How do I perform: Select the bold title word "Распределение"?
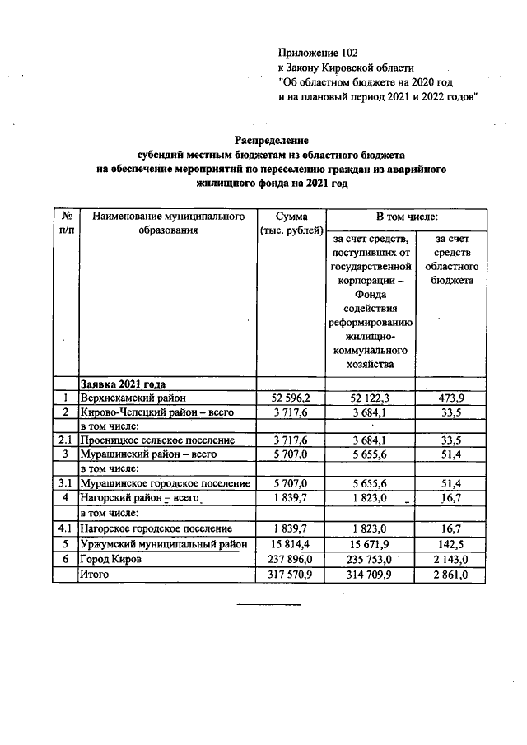click(271, 141)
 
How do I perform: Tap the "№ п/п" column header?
click(65, 223)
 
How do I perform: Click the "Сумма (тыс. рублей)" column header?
click(291, 223)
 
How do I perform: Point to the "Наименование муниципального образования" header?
click(169, 223)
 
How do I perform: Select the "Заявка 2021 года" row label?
click(123, 384)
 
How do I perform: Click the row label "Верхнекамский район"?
click(133, 398)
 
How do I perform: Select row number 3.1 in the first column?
click(65, 483)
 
